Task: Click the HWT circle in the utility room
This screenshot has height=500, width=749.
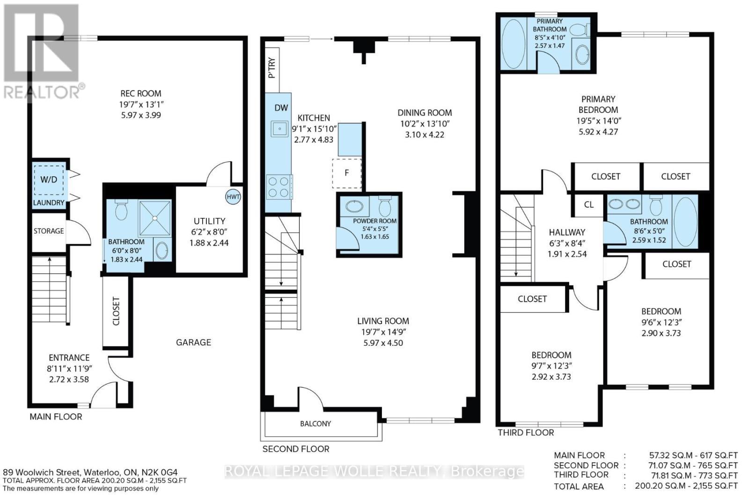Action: (233, 197)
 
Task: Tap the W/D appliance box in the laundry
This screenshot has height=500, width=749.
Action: (49, 180)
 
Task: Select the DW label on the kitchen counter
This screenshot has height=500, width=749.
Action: (281, 108)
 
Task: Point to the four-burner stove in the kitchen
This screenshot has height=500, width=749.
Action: (278, 187)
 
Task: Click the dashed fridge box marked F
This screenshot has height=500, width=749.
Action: (347, 173)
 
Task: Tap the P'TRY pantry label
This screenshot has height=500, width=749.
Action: (272, 68)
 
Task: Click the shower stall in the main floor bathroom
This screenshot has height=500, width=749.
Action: (154, 218)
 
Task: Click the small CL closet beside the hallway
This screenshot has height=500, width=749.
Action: (589, 204)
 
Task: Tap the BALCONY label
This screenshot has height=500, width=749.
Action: (316, 424)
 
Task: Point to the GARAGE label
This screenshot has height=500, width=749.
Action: (193, 343)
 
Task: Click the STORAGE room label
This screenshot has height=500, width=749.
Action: (49, 231)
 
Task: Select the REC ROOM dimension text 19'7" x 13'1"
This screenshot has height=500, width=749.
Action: (141, 104)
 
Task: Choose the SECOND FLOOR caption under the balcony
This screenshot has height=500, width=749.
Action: (295, 449)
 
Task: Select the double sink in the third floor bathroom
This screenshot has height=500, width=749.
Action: (624, 204)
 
